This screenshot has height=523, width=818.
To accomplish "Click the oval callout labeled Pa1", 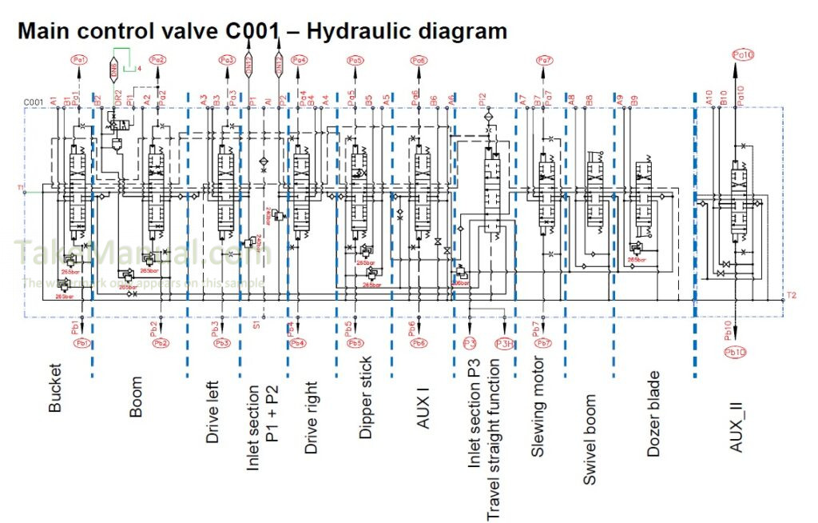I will click(79, 60).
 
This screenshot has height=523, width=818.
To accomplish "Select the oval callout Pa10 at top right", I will click(743, 54).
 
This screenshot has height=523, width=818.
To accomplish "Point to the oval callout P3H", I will click(505, 343).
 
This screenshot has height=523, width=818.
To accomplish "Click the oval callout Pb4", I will click(298, 343).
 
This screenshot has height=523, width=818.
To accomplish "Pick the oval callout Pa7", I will click(544, 60).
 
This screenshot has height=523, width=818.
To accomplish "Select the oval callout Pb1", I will click(81, 343).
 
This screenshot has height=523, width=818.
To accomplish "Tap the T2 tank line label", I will click(791, 295).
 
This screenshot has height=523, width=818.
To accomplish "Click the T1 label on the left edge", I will click(20, 189).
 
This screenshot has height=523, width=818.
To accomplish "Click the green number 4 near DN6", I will click(140, 69).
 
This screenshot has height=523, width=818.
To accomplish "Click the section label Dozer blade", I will click(653, 413).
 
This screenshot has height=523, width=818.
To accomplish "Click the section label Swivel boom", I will click(590, 439).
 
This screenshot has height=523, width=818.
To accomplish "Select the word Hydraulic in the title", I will click(359, 31).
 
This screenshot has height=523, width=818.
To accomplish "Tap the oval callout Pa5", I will click(355, 60).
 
